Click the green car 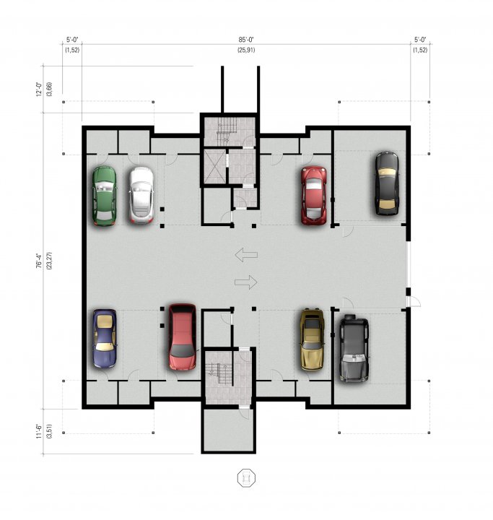105,196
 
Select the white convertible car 141,195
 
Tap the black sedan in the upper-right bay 387,183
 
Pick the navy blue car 105,339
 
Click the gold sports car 312,339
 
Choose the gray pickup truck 354,348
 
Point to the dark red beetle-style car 314,195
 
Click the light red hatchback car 182,337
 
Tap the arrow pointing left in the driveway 246,255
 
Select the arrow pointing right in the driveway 246,282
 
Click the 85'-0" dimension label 246,40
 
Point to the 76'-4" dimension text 39,261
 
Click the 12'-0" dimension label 39,90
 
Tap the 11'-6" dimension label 39,431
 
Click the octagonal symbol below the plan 246,478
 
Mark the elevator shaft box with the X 214,167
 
